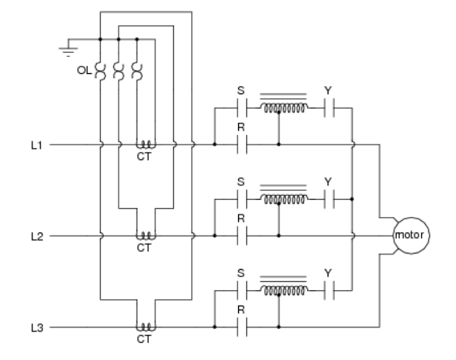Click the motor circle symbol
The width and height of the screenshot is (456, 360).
[x=411, y=236]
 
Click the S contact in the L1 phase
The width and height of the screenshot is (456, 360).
[x=241, y=108]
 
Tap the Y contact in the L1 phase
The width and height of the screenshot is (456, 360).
[x=329, y=108]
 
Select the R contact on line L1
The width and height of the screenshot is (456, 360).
[x=241, y=145]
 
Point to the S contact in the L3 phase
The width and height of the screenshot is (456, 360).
[x=241, y=289]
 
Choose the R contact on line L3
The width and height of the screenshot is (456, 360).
[x=241, y=327]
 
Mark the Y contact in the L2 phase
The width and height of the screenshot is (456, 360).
[x=329, y=198]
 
